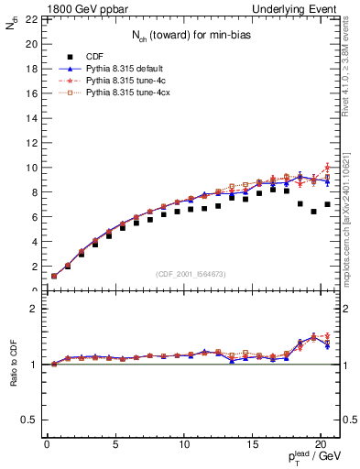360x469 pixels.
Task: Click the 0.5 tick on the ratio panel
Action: tap(28, 420)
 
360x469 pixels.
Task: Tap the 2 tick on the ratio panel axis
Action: tap(33, 309)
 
